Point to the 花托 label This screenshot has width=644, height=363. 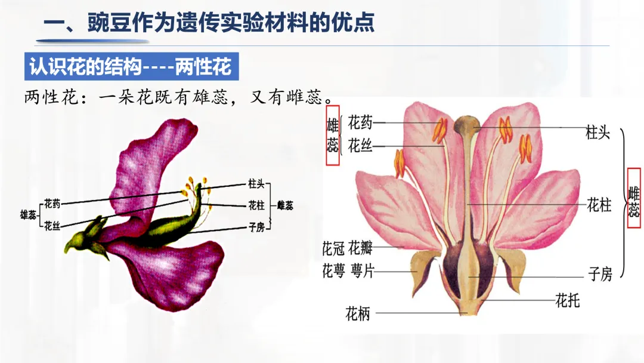point(567,300)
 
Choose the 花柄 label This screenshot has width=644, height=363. point(358,313)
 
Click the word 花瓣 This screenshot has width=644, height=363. point(361,247)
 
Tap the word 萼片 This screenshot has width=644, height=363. point(361,271)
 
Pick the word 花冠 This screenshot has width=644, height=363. point(334,247)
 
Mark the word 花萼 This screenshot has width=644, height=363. point(334,271)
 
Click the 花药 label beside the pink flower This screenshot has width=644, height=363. point(360,123)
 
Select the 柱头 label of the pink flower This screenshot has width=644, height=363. point(597,133)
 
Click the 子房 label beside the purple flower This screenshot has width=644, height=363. point(256,226)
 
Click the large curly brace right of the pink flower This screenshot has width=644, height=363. point(623,203)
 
